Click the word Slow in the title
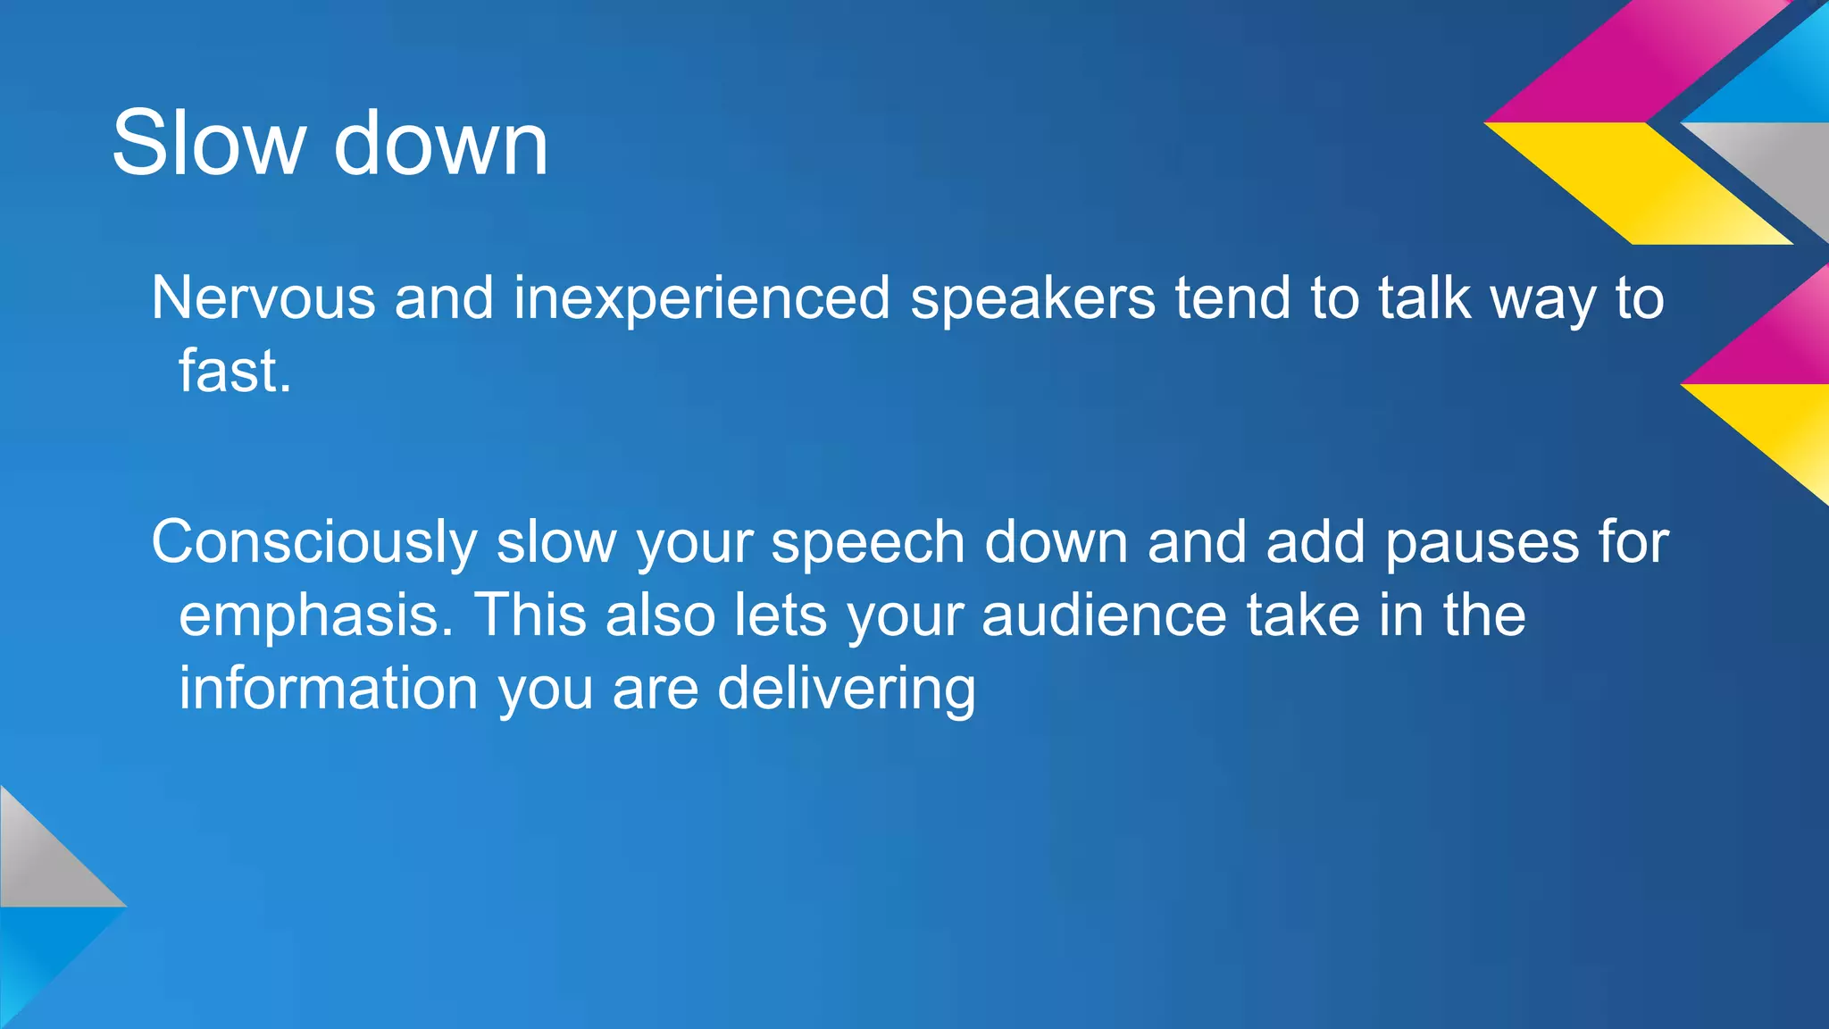(x=207, y=143)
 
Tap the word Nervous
(x=263, y=297)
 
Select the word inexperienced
(x=701, y=299)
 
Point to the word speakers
(x=1032, y=299)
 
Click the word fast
(x=234, y=371)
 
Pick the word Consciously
(x=313, y=543)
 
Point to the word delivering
(x=846, y=690)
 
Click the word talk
(x=1424, y=297)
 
